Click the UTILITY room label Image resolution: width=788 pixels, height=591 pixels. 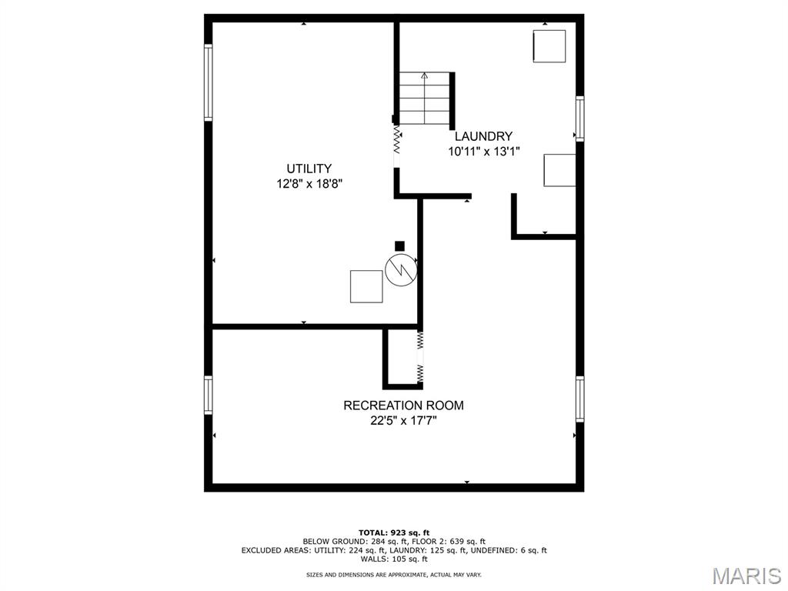pos(309,169)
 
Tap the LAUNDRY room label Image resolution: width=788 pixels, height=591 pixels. pos(482,136)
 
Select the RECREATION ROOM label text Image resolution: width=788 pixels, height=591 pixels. pos(403,406)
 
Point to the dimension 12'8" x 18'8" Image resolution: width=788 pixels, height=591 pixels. pos(309,184)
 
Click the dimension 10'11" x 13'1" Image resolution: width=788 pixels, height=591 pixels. pos(483,152)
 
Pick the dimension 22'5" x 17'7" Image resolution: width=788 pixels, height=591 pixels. pos(403,420)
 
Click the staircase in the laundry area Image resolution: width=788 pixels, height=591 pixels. pos(424,98)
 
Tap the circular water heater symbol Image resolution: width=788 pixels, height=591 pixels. pos(399,271)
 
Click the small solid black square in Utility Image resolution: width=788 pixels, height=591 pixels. pos(399,246)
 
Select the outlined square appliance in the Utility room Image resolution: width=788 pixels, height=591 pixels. pos(366,286)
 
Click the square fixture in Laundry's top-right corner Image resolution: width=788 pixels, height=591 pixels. pos(549,46)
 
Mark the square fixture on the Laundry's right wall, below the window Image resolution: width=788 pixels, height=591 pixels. pos(559,170)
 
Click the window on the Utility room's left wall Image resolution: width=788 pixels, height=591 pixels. pos(208,82)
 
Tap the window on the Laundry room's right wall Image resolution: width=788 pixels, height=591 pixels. pos(579,119)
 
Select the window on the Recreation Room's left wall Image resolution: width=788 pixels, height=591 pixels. pos(208,395)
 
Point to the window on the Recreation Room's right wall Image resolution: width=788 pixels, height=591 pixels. pos(579,399)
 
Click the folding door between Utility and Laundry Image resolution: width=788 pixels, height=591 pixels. pos(397,142)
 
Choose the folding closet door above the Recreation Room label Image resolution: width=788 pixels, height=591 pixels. pos(420,357)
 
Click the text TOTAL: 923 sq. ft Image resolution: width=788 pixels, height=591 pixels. pos(394,533)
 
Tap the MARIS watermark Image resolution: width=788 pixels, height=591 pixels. pos(746,576)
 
